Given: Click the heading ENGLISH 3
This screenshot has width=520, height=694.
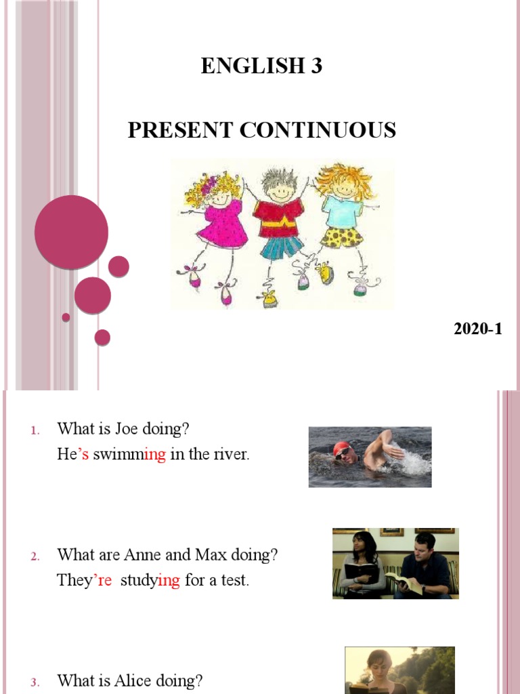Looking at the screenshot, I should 261,66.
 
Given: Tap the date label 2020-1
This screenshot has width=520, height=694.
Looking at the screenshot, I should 478,329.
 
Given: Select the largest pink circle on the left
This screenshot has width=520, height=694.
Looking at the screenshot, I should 71,232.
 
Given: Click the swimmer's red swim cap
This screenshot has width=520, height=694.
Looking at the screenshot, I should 343,448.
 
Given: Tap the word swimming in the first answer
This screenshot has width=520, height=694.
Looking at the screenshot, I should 129,455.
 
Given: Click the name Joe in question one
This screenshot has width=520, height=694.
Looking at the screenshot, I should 127,428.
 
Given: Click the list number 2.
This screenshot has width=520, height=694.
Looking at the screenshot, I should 35,556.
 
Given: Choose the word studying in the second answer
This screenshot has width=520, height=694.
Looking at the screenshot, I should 149,581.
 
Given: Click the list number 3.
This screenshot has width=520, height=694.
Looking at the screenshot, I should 35,681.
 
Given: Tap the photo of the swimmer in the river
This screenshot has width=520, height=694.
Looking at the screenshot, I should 370,457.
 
